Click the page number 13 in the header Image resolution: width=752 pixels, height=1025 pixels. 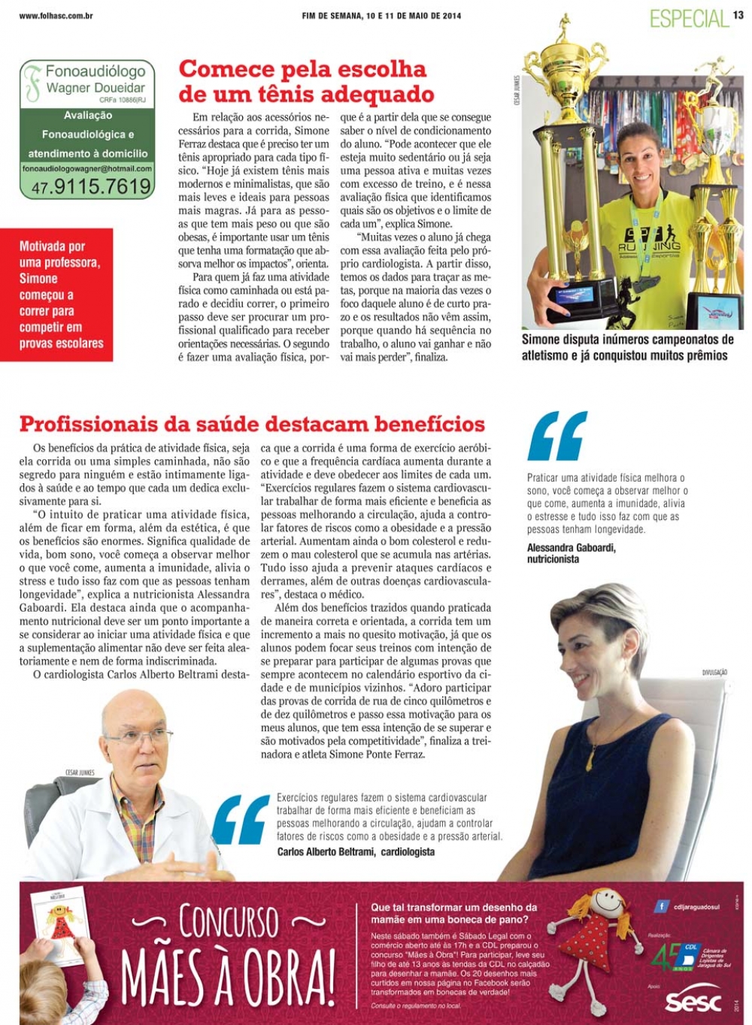tap(738, 15)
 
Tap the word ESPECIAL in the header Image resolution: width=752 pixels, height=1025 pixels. tap(690, 19)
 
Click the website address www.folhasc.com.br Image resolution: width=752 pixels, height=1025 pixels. tap(56, 16)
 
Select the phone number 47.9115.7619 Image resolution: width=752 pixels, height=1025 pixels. tap(91, 186)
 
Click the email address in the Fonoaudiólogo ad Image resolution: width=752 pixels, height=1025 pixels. tap(87, 169)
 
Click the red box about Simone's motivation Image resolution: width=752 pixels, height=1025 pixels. tap(57, 295)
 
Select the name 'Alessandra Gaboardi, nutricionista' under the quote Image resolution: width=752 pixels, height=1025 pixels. tap(572, 553)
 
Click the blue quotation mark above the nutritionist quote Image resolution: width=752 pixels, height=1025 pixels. tap(557, 436)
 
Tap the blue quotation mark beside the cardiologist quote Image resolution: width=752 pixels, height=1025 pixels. tap(241, 820)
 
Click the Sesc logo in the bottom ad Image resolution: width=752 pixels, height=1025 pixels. tap(693, 1002)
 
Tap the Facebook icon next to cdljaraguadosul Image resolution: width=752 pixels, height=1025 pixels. tap(661, 907)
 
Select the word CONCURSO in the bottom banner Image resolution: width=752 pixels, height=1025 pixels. tap(229, 922)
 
